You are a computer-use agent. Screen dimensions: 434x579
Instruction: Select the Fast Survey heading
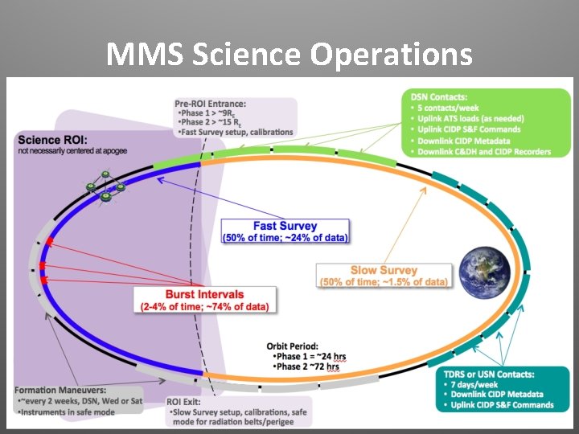click(285, 226)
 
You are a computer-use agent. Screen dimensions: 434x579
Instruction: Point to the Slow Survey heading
click(384, 270)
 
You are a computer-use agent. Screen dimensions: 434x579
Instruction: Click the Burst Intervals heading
click(204, 294)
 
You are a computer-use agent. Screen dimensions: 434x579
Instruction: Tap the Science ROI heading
click(53, 140)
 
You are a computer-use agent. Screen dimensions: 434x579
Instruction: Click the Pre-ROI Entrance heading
click(211, 103)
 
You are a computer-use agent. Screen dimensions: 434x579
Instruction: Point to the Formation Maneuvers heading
click(55, 389)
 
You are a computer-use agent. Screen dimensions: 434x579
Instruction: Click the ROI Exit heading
click(184, 401)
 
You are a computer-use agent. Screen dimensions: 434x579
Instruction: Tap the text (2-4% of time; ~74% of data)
click(204, 307)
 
